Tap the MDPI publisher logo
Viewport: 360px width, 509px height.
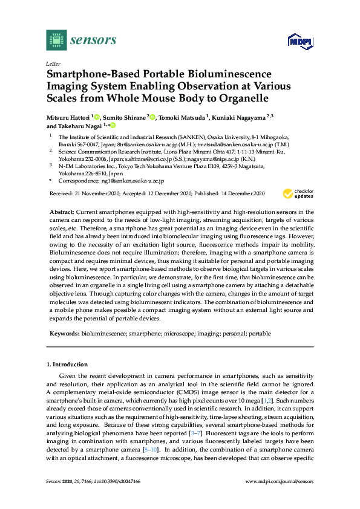coord(299,41)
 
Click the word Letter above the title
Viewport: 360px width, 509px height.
coord(52,63)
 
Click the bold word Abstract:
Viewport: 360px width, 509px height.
coord(60,212)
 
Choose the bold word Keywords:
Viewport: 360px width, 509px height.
coord(64,333)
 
